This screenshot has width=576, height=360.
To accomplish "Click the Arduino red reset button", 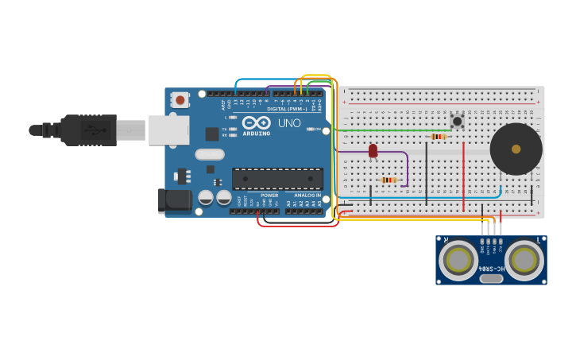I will click(x=180, y=100).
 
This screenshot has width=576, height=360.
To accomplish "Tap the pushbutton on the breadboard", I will click(x=457, y=122).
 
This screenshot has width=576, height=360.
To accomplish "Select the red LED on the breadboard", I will click(x=373, y=150).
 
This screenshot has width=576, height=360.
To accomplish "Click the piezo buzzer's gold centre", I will click(x=516, y=149).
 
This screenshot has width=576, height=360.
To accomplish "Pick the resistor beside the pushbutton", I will click(x=438, y=137).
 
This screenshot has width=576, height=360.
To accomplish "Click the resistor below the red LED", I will click(x=389, y=180).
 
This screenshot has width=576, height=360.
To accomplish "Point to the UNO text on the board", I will click(x=289, y=123).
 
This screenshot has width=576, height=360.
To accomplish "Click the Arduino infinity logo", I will click(x=257, y=122).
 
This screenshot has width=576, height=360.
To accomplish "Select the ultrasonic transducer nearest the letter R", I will click(x=458, y=259).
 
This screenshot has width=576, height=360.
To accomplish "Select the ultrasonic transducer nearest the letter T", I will click(x=524, y=259).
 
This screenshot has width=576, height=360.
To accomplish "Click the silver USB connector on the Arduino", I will click(x=168, y=130).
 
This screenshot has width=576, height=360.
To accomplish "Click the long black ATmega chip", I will click(x=277, y=179).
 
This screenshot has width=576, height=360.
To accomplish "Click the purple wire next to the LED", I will click(x=407, y=167).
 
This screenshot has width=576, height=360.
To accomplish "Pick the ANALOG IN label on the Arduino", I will click(x=307, y=195).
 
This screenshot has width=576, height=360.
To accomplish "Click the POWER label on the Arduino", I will click(x=270, y=195).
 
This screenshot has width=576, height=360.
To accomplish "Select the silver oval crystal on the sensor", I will click(x=492, y=278).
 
